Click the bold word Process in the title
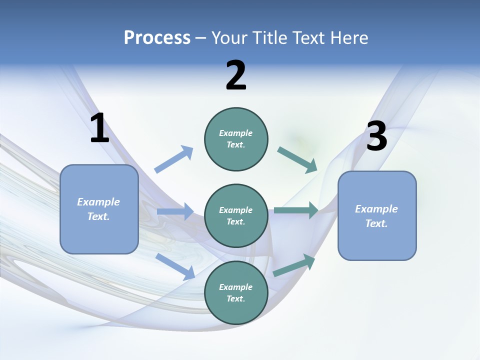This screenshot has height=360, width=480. (157, 38)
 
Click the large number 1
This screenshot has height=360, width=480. (99, 128)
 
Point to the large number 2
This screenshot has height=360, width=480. (236, 76)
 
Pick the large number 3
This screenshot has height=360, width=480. (376, 136)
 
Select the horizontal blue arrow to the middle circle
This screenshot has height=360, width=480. (175, 211)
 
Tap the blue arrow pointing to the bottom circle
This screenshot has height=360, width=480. (175, 266)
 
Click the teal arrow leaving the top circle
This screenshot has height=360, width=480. (297, 159)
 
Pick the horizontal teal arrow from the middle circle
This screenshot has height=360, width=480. (296, 210)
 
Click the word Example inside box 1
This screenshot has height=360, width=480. (98, 202)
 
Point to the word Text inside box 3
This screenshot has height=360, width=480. (376, 223)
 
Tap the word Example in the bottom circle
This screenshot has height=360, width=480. (236, 287)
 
